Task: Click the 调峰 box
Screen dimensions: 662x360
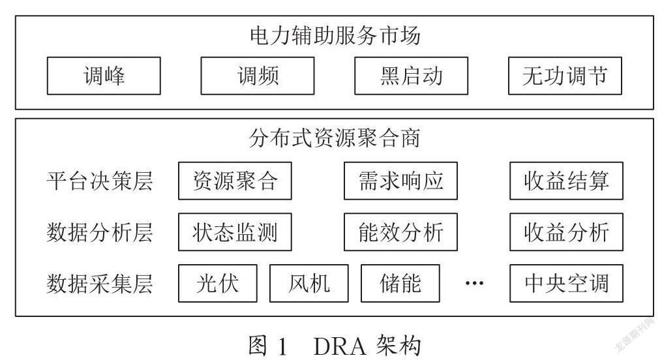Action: pos(104,76)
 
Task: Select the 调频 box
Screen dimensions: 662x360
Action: pos(258,76)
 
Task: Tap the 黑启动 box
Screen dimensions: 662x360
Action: pos(411,76)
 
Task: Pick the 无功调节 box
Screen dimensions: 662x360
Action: pos(565,76)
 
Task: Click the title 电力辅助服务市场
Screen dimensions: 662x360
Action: pos(335,35)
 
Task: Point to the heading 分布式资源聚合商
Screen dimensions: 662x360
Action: pos(335,138)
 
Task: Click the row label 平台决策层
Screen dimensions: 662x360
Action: pos(100,181)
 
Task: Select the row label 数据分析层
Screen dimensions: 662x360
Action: pos(100,232)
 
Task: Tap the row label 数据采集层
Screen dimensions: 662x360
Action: pos(100,284)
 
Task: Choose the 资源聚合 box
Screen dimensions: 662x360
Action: pos(235,181)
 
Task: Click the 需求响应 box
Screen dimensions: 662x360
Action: pos(400,181)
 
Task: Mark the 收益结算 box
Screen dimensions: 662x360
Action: pos(566,181)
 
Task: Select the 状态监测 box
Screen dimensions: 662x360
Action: pos(235,232)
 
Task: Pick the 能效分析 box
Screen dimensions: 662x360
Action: pos(400,232)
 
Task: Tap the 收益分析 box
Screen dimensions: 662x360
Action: pos(566,232)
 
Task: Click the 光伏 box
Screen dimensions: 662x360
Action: pos(218,283)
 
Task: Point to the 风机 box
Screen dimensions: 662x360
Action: pos(309,283)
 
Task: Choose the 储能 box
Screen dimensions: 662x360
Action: pos(400,283)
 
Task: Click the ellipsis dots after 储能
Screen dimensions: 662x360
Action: pos(474,283)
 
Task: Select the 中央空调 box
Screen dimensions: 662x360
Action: pos(566,283)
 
